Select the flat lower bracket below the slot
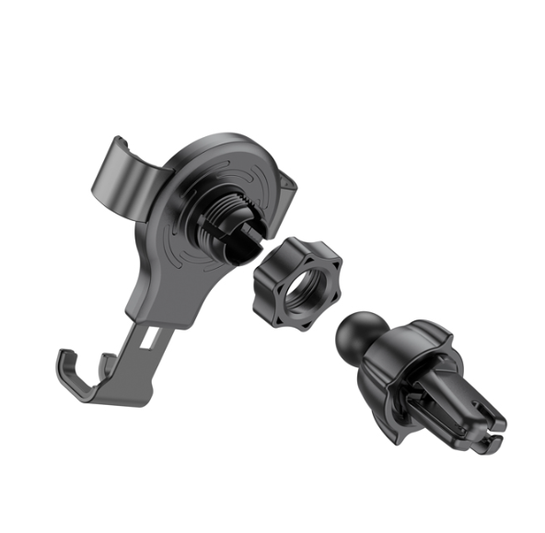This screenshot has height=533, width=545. pyautogui.click(x=129, y=373)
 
